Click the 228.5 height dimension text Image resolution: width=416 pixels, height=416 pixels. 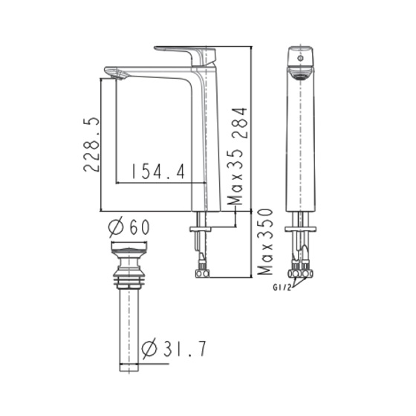[x=91, y=144]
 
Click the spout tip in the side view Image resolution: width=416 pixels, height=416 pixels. [x=115, y=72]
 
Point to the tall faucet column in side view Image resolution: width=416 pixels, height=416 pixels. [x=207, y=141]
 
